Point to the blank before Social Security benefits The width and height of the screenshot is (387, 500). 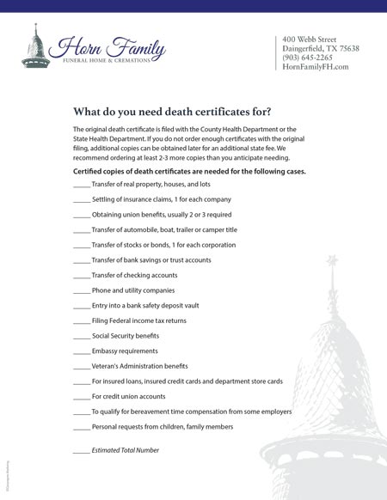82,337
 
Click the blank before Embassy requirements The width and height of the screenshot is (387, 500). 82,351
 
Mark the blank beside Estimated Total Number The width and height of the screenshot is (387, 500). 82,451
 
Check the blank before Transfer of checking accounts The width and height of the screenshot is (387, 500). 82,277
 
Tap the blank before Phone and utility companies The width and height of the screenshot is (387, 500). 82,291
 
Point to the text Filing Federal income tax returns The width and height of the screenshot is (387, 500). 139,320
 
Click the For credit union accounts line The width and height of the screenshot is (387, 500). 128,396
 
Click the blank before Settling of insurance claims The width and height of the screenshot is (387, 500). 82,200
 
